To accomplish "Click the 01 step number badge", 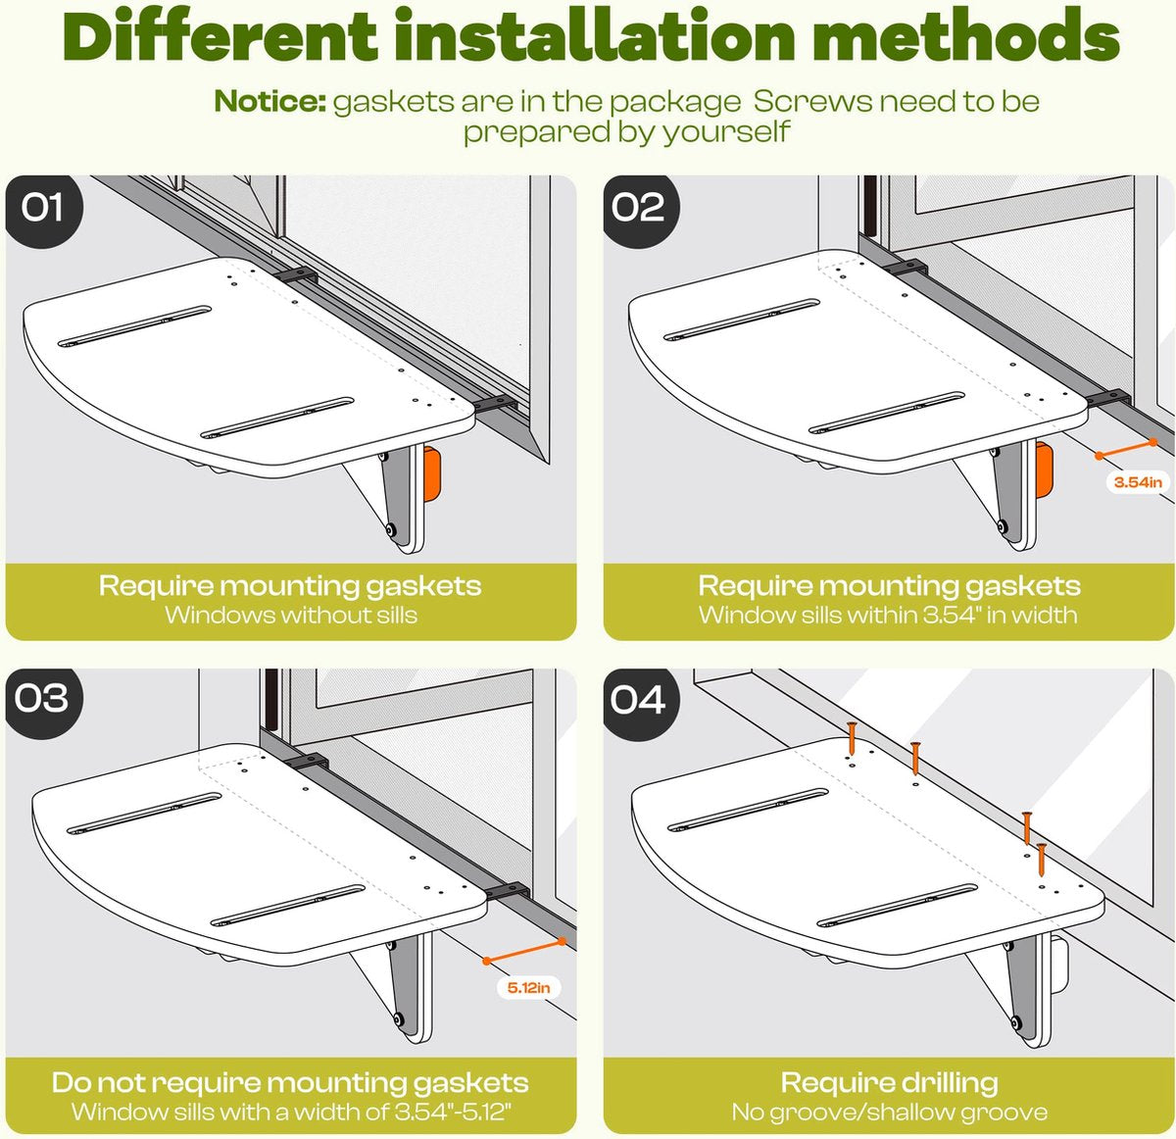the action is [x=42, y=209].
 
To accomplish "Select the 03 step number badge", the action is [x=42, y=701].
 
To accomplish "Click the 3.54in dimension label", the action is [x=1138, y=482].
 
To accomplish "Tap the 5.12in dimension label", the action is [x=529, y=988].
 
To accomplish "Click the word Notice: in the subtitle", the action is [x=270, y=101].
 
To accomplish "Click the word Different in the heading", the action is [x=220, y=35].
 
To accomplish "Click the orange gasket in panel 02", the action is [x=1044, y=470].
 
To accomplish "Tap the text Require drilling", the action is [x=889, y=1082].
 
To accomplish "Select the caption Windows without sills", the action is [x=291, y=615].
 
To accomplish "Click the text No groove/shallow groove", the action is [x=889, y=1112].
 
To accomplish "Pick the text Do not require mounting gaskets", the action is [x=290, y=1082].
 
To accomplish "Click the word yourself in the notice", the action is [x=726, y=131].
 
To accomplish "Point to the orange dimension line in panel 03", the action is [x=524, y=951].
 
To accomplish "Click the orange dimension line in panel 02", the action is [x=1126, y=449].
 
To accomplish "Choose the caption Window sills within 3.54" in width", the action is [x=888, y=615].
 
